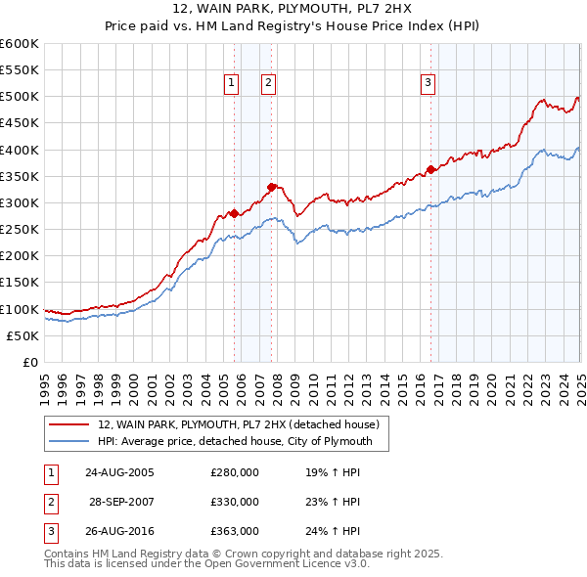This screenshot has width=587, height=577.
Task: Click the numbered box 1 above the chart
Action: pyautogui.click(x=232, y=84)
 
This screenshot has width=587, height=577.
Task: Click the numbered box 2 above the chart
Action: pyautogui.click(x=267, y=84)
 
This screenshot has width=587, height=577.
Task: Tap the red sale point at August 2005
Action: pyautogui.click(x=234, y=213)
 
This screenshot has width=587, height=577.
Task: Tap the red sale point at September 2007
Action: pyautogui.click(x=271, y=187)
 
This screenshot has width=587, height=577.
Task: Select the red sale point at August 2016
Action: pyautogui.click(x=430, y=169)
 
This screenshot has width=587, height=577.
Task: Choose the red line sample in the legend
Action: pyautogui.click(x=69, y=424)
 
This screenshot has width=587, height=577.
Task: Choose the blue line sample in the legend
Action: pyautogui.click(x=69, y=442)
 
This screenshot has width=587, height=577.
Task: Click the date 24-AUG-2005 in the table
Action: pyautogui.click(x=119, y=472)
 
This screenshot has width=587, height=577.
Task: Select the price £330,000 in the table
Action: pyautogui.click(x=235, y=502)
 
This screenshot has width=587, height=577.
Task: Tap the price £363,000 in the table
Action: pyautogui.click(x=235, y=532)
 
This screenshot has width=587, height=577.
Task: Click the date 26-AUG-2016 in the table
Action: pyautogui.click(x=119, y=532)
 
